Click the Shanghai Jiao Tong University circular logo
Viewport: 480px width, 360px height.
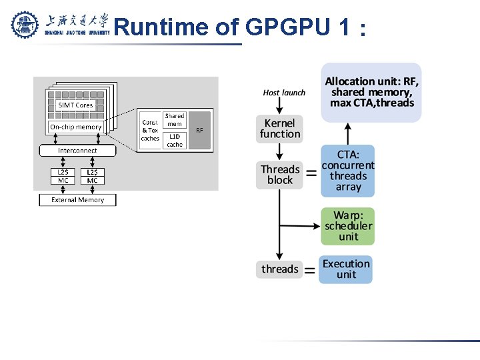click(x=25, y=25)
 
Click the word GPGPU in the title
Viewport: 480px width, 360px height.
click(x=288, y=27)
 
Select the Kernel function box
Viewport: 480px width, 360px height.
click(x=279, y=129)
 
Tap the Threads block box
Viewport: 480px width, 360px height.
click(x=279, y=175)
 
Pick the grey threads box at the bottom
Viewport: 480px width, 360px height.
click(x=279, y=269)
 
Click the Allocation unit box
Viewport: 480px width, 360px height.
click(x=371, y=92)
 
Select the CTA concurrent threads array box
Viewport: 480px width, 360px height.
click(x=347, y=171)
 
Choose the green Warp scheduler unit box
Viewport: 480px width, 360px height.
click(x=348, y=226)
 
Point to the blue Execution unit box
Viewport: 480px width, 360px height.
click(x=345, y=269)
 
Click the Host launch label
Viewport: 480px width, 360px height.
click(x=284, y=93)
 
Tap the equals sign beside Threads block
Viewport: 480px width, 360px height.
click(x=311, y=175)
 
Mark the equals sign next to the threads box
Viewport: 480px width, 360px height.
click(x=310, y=270)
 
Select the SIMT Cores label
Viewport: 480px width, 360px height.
click(x=75, y=105)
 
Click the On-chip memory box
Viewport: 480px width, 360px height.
click(x=75, y=127)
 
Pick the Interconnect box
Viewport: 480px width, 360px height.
click(x=77, y=151)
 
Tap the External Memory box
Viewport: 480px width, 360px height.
click(x=77, y=200)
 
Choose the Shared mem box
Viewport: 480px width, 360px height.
click(x=174, y=119)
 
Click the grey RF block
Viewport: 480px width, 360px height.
click(x=199, y=130)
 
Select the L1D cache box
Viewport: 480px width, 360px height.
click(x=174, y=140)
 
